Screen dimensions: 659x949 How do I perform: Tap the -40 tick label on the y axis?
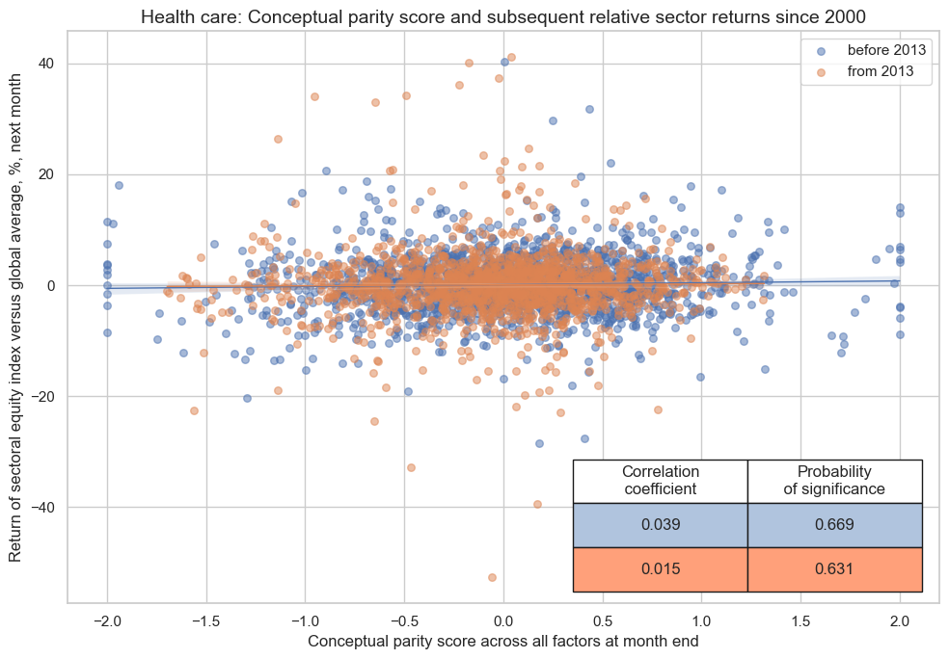click(44, 508)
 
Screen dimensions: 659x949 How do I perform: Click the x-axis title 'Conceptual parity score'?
click(502, 641)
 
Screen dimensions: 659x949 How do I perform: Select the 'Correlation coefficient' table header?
click(661, 480)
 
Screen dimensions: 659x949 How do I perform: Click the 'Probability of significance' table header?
click(834, 480)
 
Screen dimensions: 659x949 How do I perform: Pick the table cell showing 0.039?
click(661, 525)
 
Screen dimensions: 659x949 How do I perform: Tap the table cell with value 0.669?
click(834, 525)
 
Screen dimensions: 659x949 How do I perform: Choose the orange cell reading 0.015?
click(661, 569)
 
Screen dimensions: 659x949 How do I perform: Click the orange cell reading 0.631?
click(834, 569)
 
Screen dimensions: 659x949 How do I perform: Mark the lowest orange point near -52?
click(492, 577)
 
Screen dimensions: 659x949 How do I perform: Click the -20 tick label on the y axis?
click(44, 397)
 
